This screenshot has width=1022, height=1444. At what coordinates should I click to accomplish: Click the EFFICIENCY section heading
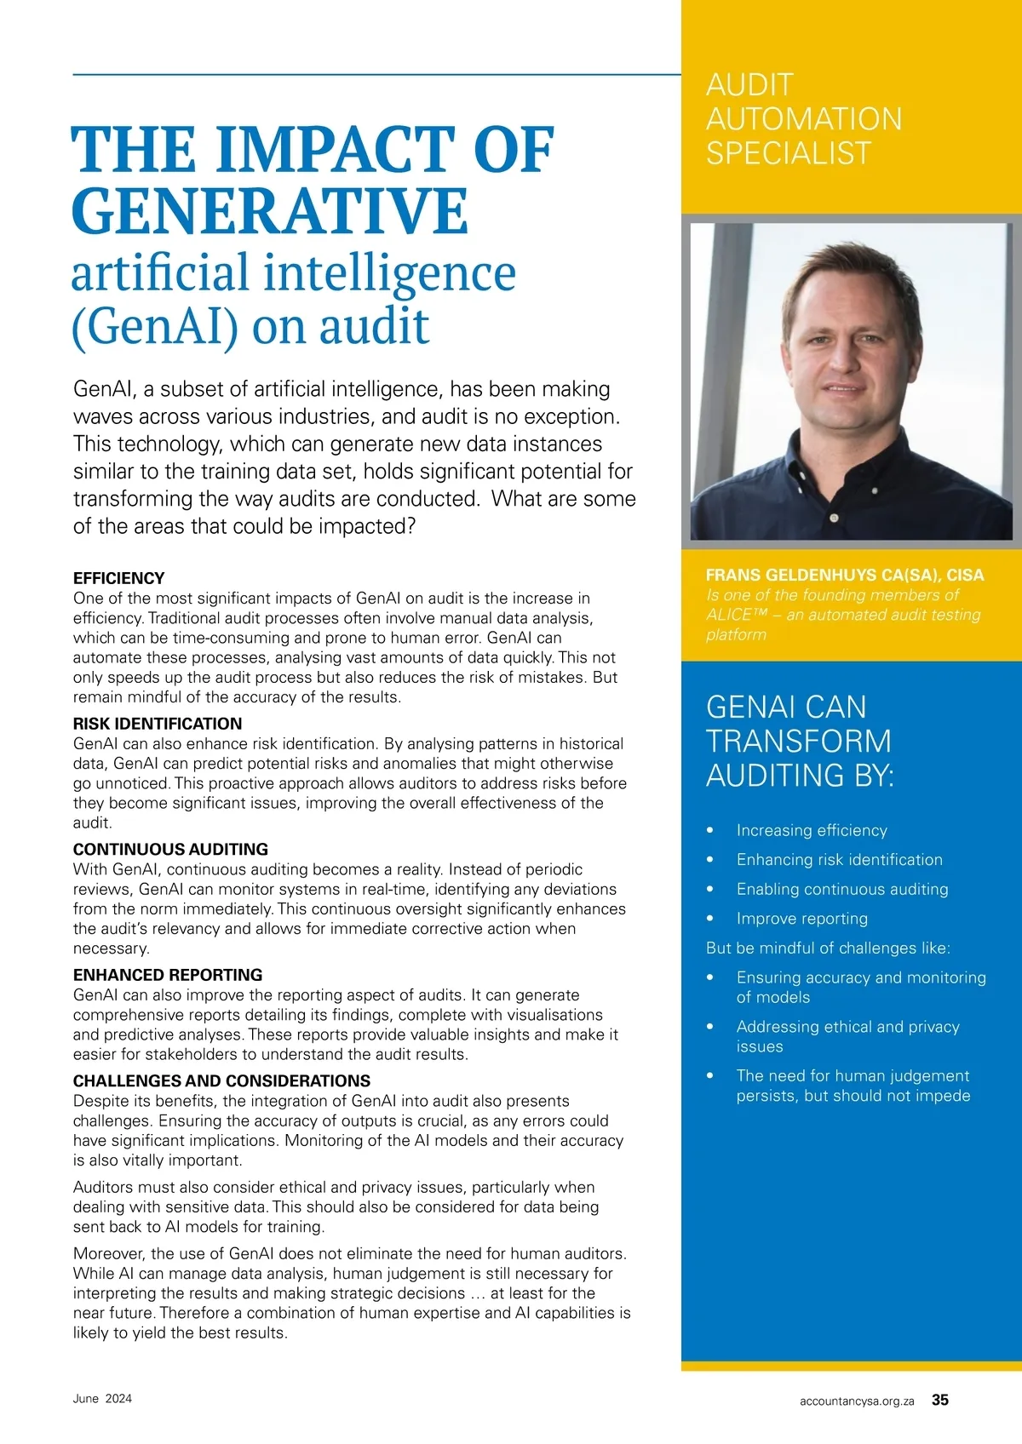pos(118,578)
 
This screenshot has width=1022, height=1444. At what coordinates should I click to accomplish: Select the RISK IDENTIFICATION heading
pos(158,724)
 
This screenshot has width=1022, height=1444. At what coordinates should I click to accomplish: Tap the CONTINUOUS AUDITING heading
pos(170,849)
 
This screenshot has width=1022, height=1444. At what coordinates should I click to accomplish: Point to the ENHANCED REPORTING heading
pos(168,975)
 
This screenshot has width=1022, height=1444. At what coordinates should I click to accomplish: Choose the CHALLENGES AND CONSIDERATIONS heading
pos(221,1080)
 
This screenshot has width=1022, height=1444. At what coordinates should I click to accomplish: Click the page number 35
pos(940,1400)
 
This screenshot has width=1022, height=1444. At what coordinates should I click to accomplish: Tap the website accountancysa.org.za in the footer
pos(857,1401)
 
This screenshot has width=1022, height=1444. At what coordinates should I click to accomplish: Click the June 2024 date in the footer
pos(102,1399)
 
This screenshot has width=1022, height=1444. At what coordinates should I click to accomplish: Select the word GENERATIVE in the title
pos(269,211)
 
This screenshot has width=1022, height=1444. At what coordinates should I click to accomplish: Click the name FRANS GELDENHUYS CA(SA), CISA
pos(845,575)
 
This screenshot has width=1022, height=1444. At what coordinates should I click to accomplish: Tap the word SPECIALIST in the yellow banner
pos(789,153)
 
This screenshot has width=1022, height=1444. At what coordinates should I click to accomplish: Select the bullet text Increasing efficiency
pos(812,830)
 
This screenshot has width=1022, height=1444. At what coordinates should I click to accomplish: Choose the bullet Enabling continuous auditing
pos(842,889)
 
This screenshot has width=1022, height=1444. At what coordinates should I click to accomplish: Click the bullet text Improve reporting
pos(802,919)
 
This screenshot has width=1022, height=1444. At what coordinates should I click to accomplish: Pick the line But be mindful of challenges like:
pos(828,948)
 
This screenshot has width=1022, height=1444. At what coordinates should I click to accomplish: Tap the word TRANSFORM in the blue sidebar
pos(798,742)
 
